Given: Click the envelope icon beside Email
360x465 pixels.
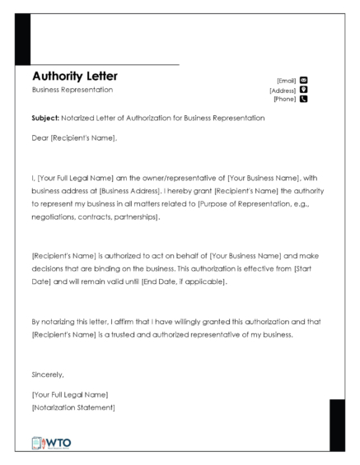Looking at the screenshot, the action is click(x=303, y=80).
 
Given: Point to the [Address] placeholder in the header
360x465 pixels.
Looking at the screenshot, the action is click(x=283, y=90).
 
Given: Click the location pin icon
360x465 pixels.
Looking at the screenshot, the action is click(x=303, y=90).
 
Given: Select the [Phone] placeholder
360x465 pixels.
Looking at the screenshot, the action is click(x=285, y=100).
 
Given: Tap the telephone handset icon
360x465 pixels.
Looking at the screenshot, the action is click(x=303, y=100).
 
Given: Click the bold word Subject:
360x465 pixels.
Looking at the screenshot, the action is click(x=44, y=119).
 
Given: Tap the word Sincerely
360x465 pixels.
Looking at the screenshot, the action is click(x=46, y=374).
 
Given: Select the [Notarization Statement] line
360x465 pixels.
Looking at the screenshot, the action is click(x=72, y=407).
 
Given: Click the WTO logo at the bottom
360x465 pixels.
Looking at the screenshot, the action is click(x=52, y=441).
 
